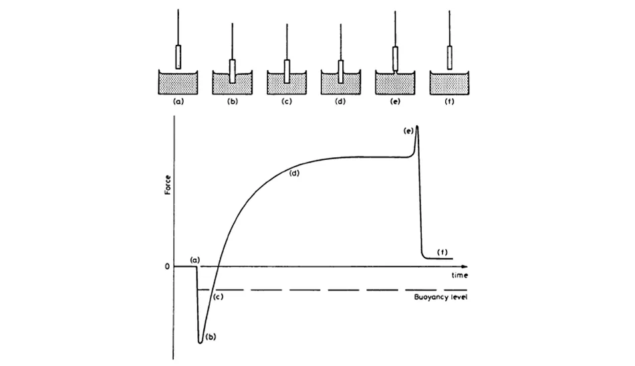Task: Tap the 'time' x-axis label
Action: tap(458, 275)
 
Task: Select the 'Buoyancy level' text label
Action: tap(438, 295)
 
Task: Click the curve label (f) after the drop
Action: tap(442, 251)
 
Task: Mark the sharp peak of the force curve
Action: tap(417, 126)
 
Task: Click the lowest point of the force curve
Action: tap(200, 343)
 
